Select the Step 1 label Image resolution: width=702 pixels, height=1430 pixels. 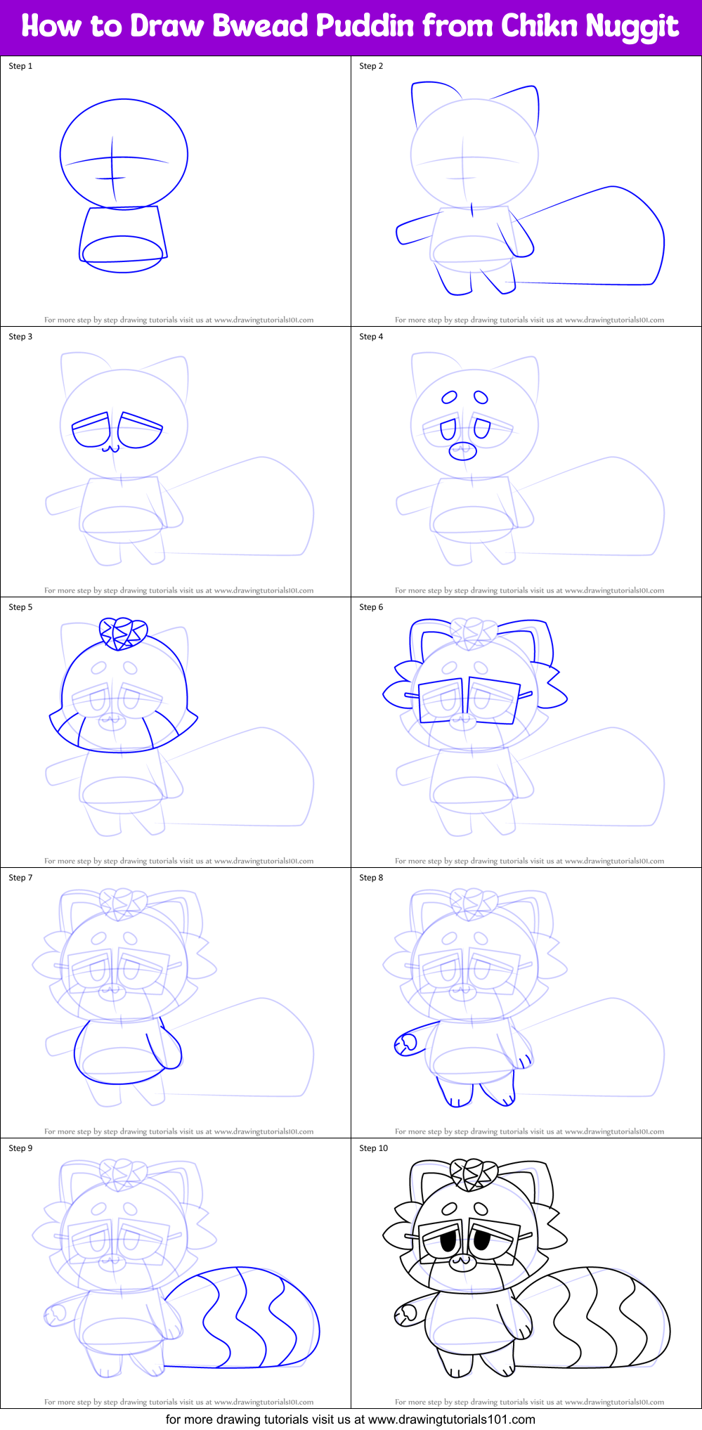pos(20,66)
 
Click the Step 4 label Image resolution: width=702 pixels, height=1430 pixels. pos(371,337)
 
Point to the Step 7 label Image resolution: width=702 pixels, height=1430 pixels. pos(20,878)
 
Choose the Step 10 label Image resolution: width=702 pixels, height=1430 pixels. pos(373,1148)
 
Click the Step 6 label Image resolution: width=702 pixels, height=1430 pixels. pos(371,607)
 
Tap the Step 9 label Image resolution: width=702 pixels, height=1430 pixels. pos(20,1148)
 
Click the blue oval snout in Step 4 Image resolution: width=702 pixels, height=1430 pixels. pos(463,450)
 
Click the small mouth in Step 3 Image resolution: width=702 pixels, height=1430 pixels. pos(108,448)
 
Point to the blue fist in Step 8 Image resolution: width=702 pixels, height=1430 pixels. pos(405,1045)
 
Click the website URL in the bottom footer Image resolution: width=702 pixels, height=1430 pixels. pos(452,1419)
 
